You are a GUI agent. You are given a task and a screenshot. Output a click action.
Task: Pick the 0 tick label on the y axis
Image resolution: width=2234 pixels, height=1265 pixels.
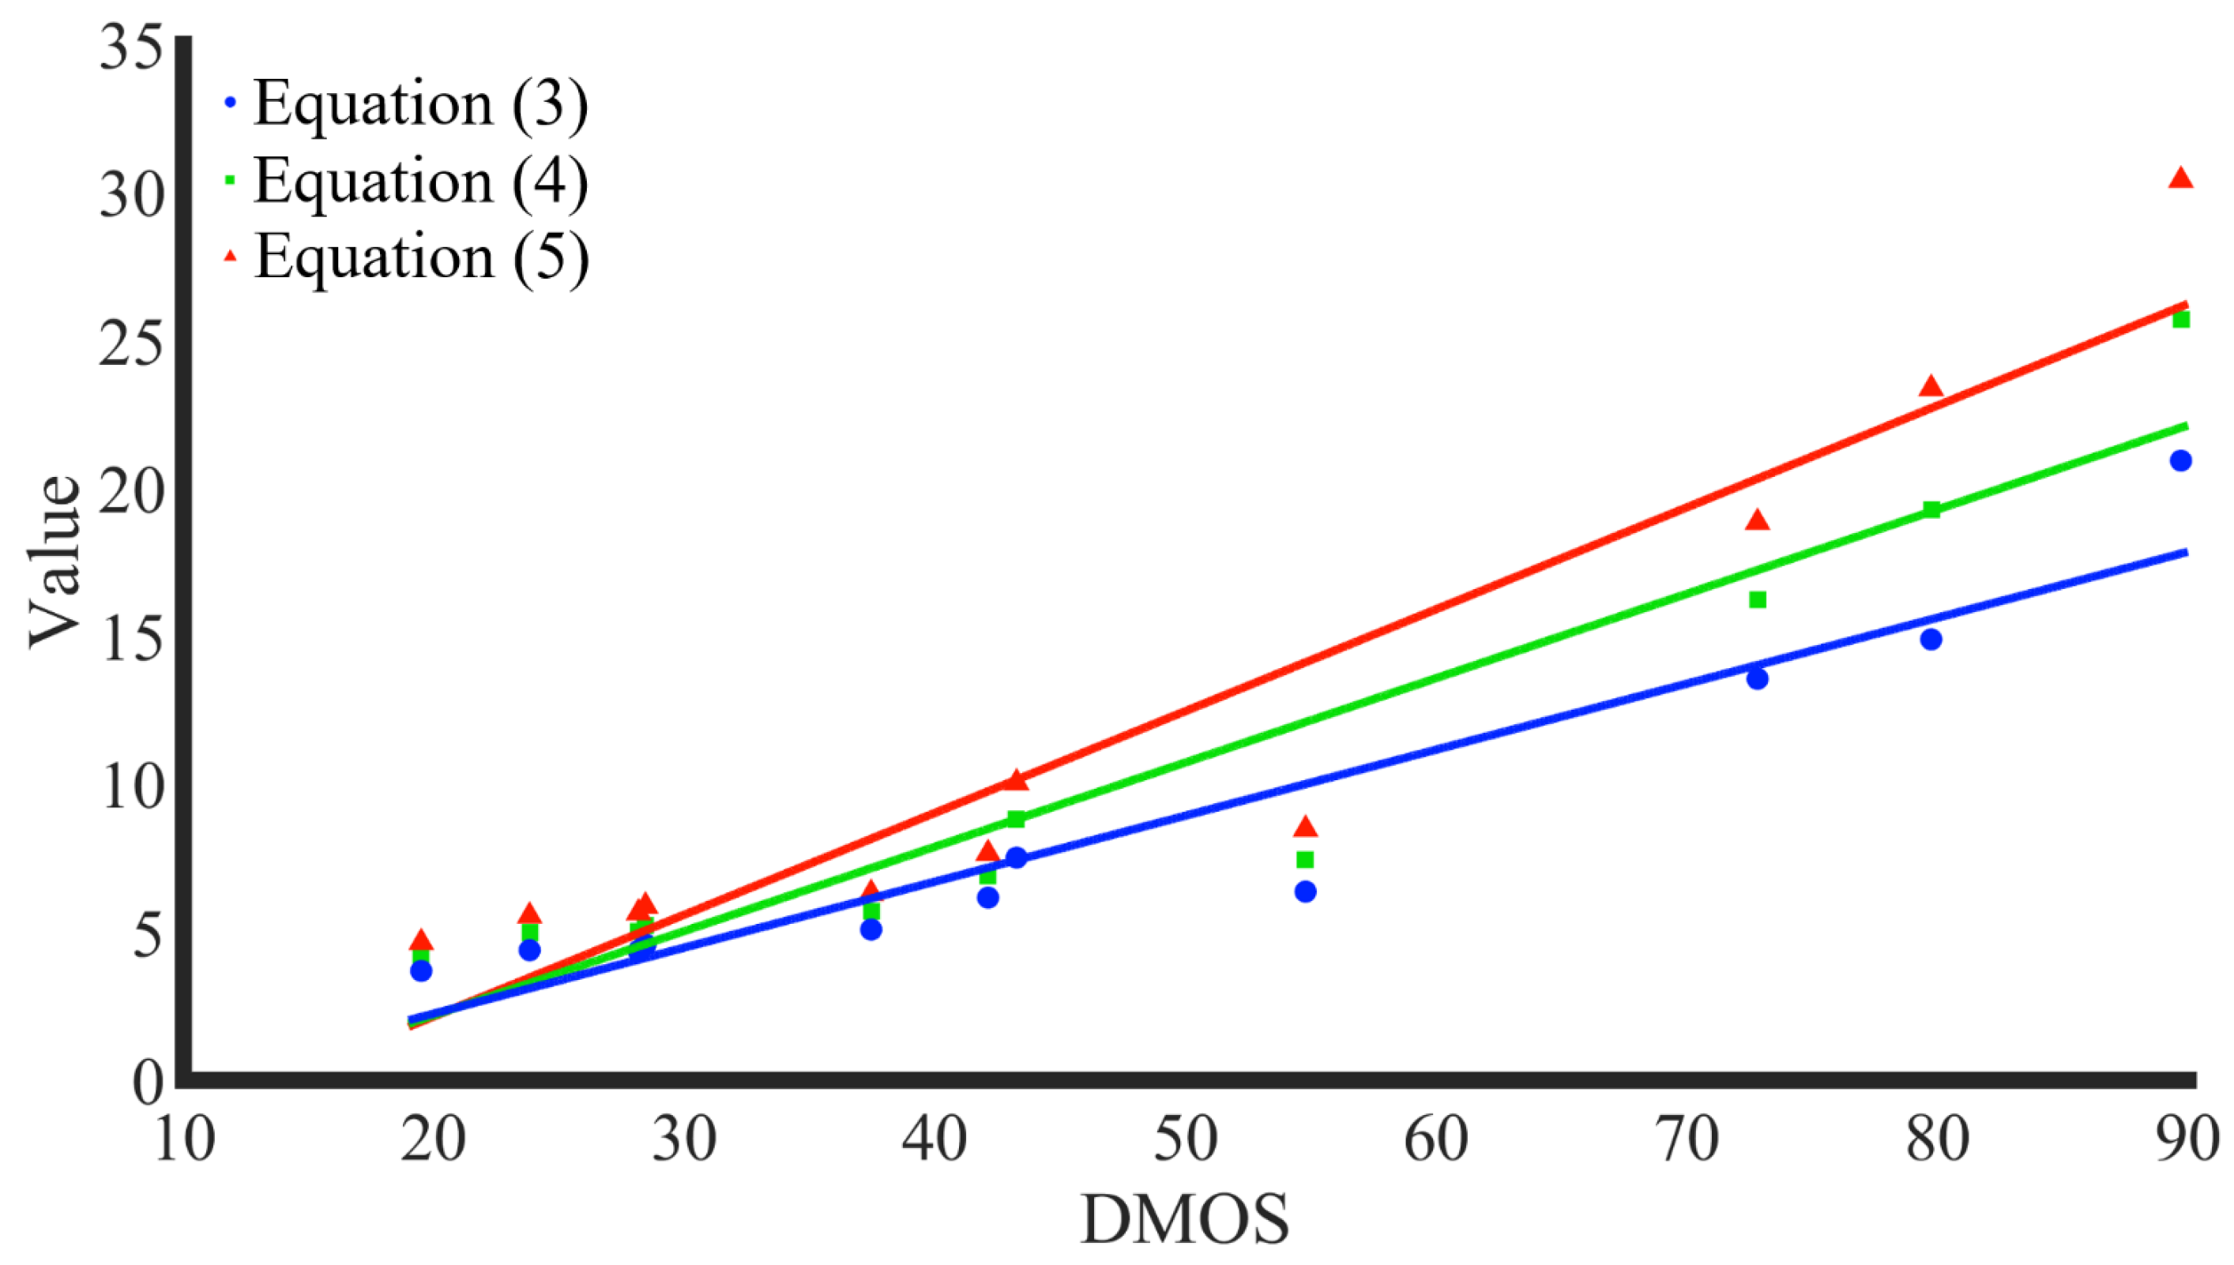(x=148, y=1083)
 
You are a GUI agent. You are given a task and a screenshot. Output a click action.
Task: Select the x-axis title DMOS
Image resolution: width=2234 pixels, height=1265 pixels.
(x=1185, y=1220)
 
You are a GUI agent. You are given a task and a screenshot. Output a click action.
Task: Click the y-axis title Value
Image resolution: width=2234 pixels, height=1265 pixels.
(x=54, y=561)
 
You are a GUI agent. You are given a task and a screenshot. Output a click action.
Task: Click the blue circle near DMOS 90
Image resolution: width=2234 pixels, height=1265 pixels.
(x=2180, y=460)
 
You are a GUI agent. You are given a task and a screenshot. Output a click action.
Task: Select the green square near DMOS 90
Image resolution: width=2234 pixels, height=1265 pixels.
(x=2180, y=320)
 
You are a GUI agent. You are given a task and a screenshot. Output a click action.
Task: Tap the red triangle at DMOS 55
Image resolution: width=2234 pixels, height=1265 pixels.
(x=1305, y=827)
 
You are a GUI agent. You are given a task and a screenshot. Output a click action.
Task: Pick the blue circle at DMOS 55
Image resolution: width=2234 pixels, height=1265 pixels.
(x=1305, y=892)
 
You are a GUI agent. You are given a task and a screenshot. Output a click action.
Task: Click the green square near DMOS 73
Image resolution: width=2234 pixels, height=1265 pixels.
(x=1757, y=599)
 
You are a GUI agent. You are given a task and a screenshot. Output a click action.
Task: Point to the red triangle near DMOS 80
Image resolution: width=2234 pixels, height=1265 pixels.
(x=1931, y=387)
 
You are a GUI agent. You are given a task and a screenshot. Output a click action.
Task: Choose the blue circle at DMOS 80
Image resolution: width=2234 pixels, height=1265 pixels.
(x=1931, y=640)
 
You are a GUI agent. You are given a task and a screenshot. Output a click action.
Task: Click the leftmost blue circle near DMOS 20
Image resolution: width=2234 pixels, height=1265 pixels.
(x=420, y=970)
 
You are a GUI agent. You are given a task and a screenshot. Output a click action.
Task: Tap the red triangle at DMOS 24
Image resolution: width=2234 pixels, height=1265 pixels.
(x=529, y=914)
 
